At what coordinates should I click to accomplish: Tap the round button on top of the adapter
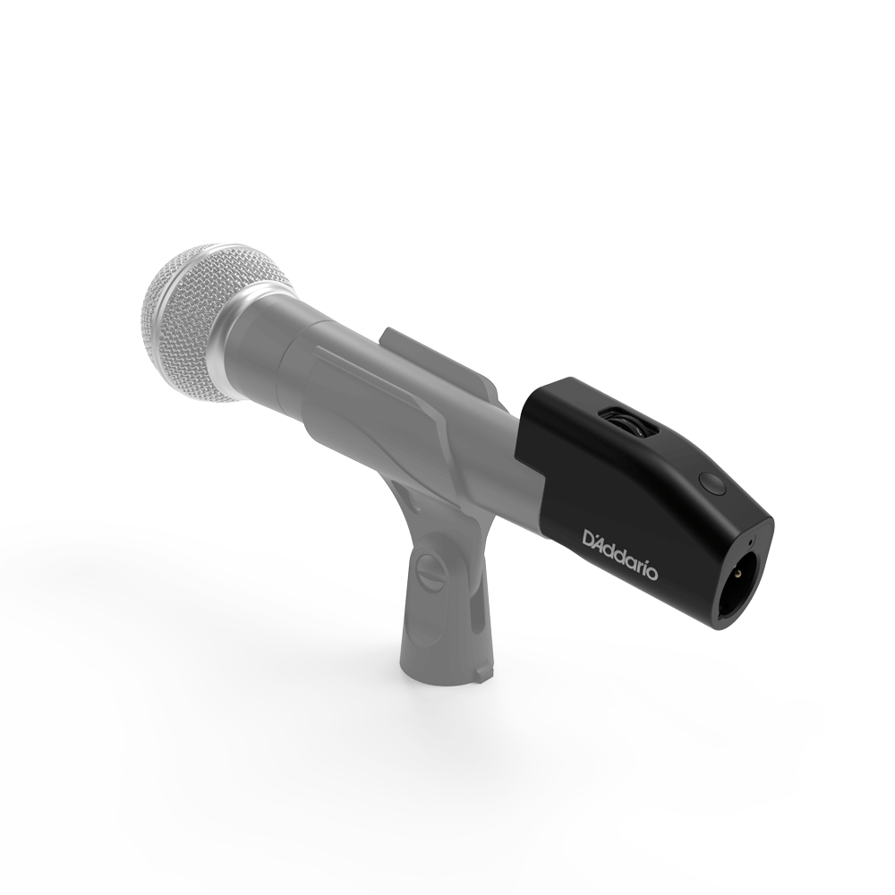pyautogui.click(x=712, y=483)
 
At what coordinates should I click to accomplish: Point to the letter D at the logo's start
pyautogui.click(x=591, y=539)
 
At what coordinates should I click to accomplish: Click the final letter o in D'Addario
pyautogui.click(x=651, y=572)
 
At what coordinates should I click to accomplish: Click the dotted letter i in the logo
pyautogui.click(x=642, y=565)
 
